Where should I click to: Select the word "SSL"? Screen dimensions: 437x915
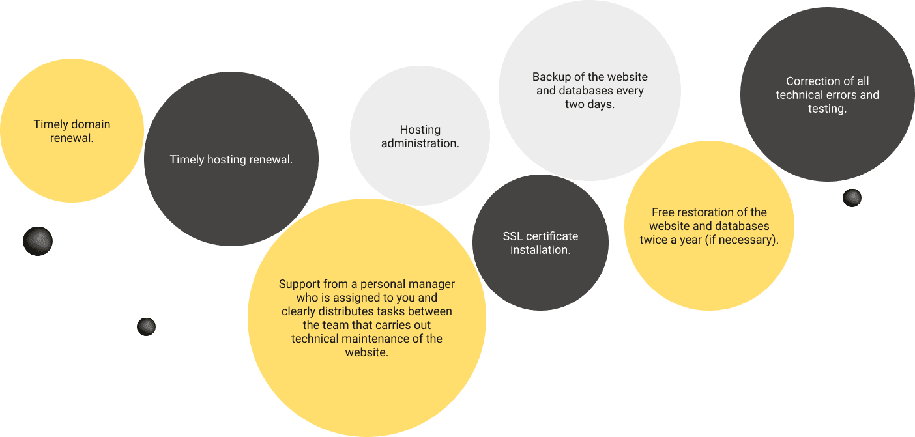pos(513,236)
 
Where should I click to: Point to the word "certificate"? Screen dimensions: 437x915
pos(552,236)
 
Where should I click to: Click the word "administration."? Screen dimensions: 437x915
pos(420,143)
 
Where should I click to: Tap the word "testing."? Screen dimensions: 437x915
pos(827,109)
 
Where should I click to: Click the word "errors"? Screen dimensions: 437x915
pos(840,95)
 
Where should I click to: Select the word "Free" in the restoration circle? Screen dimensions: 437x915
pos(663,212)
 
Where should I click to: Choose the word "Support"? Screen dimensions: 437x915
pos(299,284)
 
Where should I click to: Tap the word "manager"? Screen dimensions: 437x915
pos(431,284)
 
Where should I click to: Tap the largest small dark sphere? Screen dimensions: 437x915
pos(38,241)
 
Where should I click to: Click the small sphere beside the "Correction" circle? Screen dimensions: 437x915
pos(852,198)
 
